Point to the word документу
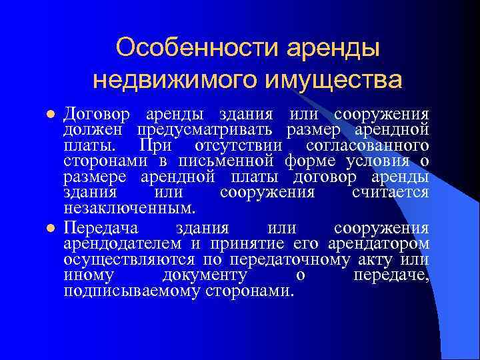(205, 275)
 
